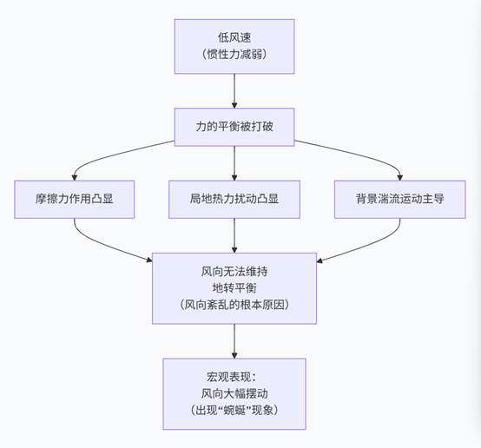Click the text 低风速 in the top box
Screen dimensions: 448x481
point(234,38)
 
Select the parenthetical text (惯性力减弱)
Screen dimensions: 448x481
point(234,56)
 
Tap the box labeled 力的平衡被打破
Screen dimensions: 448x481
point(234,127)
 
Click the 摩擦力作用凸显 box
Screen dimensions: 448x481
point(75,199)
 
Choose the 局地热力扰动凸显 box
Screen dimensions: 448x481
point(234,199)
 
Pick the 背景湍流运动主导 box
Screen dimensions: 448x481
point(399,199)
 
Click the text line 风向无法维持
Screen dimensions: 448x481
point(234,272)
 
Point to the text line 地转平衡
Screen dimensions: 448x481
point(234,288)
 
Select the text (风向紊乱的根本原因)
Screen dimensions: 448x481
point(234,306)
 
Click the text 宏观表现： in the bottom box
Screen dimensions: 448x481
point(234,376)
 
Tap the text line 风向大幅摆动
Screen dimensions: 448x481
point(234,392)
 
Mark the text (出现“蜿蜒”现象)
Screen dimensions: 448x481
point(234,410)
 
